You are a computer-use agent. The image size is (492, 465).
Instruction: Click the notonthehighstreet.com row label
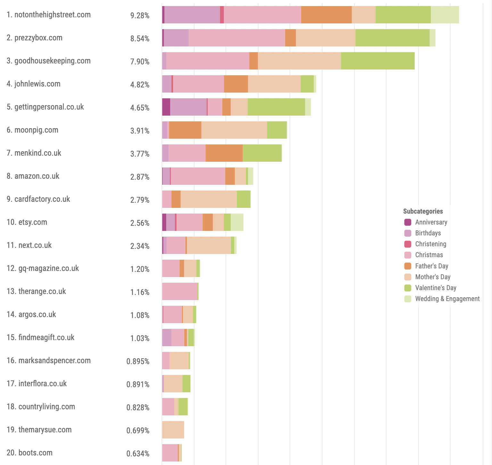pos(49,15)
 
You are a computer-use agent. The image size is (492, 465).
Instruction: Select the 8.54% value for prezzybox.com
pos(140,38)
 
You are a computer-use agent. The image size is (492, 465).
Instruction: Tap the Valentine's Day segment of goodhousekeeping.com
pos(378,61)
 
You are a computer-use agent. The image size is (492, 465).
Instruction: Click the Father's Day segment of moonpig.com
pos(185,130)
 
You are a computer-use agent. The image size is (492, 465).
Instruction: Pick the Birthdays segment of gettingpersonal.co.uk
pos(188,107)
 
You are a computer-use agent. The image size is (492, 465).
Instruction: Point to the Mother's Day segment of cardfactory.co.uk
pos(209,199)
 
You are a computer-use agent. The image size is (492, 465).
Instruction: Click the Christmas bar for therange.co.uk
pos(180,291)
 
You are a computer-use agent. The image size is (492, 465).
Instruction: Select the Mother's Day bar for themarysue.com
pos(173,430)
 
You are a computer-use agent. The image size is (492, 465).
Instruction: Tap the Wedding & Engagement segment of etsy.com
pos(237,222)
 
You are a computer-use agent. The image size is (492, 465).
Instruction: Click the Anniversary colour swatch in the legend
pos(408,222)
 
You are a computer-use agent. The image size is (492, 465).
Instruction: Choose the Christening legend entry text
pos(430,244)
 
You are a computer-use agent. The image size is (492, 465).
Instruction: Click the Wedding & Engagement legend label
pos(447,299)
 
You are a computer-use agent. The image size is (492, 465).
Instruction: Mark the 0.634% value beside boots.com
pos(138,453)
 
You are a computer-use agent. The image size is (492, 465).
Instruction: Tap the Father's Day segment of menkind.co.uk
pos(224,153)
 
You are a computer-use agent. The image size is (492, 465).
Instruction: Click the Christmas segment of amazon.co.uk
pos(198,176)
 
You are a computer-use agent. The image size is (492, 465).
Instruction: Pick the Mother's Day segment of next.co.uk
pos(209,245)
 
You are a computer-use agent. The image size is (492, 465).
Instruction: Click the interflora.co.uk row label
pos(37,384)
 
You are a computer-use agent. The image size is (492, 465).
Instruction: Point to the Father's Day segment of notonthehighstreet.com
pos(326,15)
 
